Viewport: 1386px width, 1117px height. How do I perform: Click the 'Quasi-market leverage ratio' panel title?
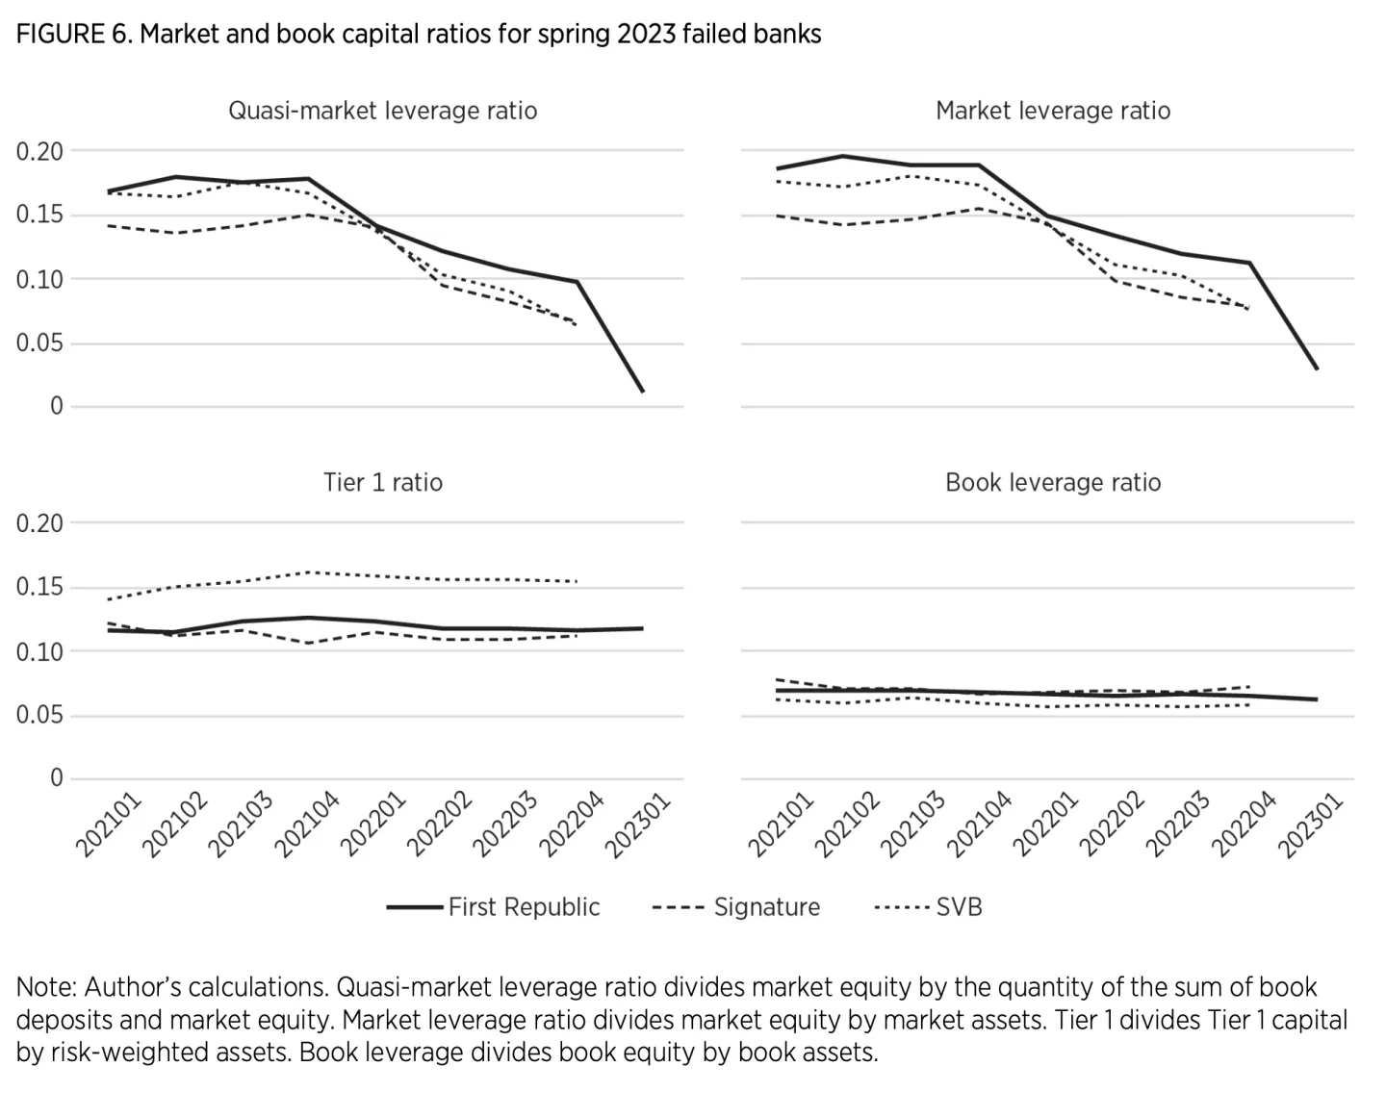point(382,111)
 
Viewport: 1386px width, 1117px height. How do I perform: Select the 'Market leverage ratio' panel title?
point(1053,111)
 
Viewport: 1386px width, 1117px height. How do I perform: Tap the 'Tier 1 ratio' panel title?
point(382,482)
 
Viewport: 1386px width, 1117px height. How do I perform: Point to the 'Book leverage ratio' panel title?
point(1053,482)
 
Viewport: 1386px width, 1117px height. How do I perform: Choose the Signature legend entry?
point(736,907)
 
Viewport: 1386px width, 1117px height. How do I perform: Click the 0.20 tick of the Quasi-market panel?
point(39,151)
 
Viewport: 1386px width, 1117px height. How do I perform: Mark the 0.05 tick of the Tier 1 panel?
point(39,716)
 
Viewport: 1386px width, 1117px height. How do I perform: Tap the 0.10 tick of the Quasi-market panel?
point(39,280)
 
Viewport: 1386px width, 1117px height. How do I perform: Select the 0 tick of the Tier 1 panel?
point(56,778)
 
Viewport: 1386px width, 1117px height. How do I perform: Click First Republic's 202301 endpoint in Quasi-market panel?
point(643,392)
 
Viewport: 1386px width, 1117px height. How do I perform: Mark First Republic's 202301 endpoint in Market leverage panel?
point(1316,368)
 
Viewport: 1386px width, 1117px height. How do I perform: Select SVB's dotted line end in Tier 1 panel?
point(577,581)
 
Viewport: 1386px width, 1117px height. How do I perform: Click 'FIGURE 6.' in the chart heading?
point(73,35)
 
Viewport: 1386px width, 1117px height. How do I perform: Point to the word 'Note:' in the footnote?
point(46,987)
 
